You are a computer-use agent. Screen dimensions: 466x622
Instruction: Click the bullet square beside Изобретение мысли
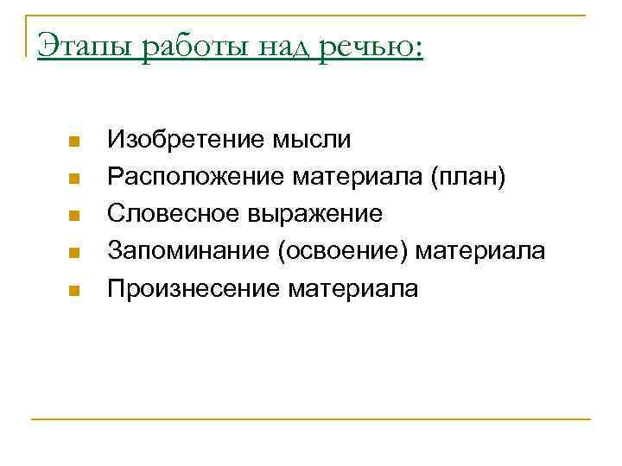coord(74,141)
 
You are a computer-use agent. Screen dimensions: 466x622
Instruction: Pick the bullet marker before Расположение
coord(74,179)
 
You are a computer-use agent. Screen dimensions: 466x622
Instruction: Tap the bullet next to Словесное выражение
coord(74,216)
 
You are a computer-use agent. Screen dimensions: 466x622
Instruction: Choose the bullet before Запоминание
coord(74,254)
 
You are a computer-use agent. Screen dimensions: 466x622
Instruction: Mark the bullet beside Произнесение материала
coord(74,291)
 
